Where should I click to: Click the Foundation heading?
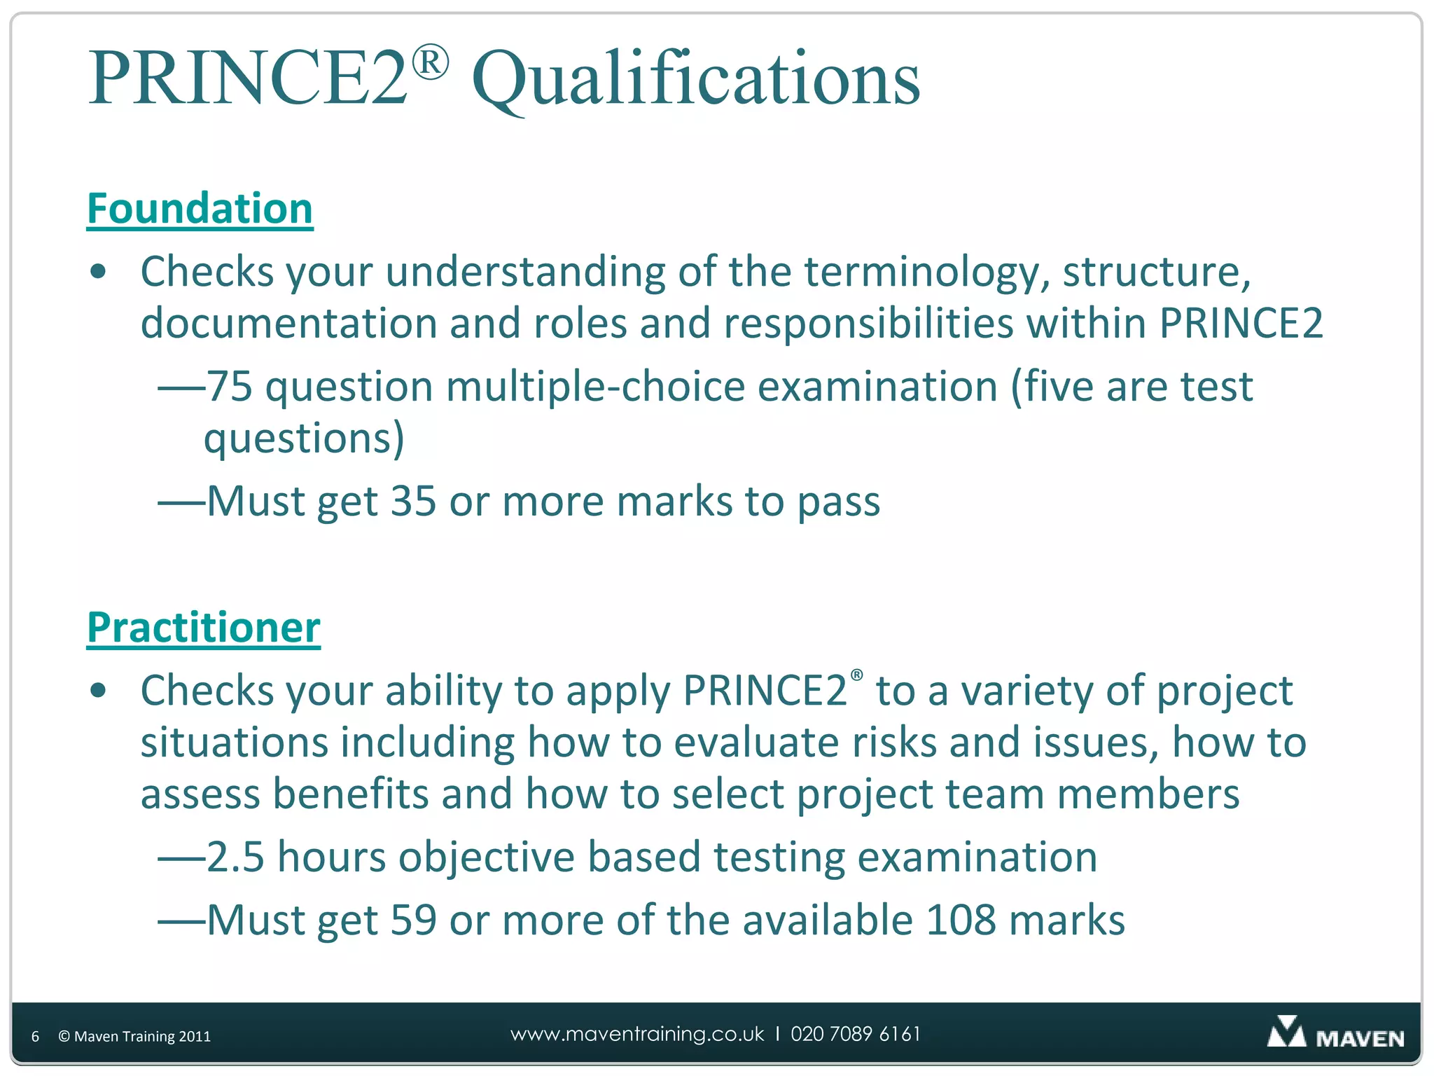pyautogui.click(x=200, y=209)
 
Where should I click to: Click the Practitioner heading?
pyautogui.click(x=203, y=627)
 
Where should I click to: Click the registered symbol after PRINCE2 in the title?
pyautogui.click(x=429, y=62)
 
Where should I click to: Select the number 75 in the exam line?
pyautogui.click(x=230, y=387)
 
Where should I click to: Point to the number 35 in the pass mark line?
pyautogui.click(x=413, y=502)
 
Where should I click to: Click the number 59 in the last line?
pyautogui.click(x=413, y=920)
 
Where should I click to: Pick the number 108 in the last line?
pyautogui.click(x=961, y=920)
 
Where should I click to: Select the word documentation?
pyautogui.click(x=288, y=324)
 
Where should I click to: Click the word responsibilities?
pyautogui.click(x=868, y=324)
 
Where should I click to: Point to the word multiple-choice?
pyautogui.click(x=595, y=387)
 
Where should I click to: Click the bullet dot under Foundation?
pyautogui.click(x=99, y=272)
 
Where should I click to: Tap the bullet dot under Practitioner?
pyautogui.click(x=99, y=691)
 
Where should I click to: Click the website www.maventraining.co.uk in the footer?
pyautogui.click(x=637, y=1034)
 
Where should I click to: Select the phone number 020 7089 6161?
pyautogui.click(x=856, y=1034)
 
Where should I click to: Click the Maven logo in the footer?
pyautogui.click(x=1335, y=1034)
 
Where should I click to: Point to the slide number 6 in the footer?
pyautogui.click(x=35, y=1037)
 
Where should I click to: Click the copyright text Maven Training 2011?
pyautogui.click(x=134, y=1037)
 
